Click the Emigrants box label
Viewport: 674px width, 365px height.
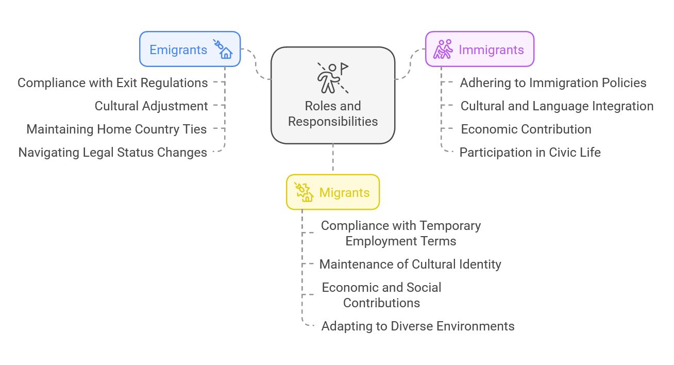178,50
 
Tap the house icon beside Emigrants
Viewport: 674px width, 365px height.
224,49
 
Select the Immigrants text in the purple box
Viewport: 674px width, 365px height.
491,50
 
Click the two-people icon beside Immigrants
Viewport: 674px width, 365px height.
443,49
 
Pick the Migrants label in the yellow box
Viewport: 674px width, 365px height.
344,193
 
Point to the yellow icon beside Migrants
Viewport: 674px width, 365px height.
304,192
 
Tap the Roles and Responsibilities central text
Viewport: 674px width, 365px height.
333,114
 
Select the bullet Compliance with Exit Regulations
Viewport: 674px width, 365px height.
112,83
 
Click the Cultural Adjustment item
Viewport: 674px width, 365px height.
151,106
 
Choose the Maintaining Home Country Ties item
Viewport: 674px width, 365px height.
116,129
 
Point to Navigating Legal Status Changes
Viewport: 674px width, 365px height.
112,153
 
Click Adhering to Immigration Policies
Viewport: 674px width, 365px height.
553,83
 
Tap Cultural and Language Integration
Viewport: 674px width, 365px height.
557,106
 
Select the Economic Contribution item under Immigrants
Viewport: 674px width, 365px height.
526,129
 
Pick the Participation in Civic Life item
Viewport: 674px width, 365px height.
530,153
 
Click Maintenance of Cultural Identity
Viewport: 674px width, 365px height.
410,264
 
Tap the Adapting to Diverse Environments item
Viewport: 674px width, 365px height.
417,326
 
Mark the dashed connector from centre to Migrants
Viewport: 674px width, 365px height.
333,159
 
